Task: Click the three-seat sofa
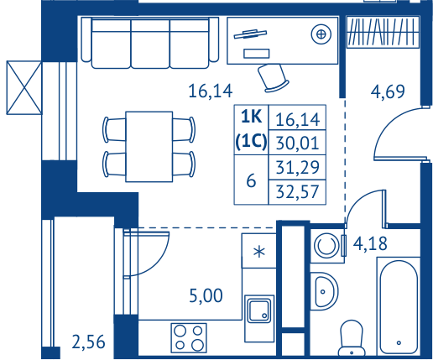pyautogui.click(x=150, y=43)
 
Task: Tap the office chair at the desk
pyautogui.click(x=273, y=78)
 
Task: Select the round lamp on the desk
pyautogui.click(x=321, y=34)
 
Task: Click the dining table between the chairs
pyautogui.click(x=149, y=147)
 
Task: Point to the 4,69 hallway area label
pyautogui.click(x=388, y=91)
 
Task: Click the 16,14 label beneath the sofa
pyautogui.click(x=211, y=91)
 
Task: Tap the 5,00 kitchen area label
pyautogui.click(x=206, y=296)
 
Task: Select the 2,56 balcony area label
pyautogui.click(x=88, y=342)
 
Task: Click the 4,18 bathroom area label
pyautogui.click(x=370, y=243)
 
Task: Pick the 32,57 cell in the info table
pyautogui.click(x=297, y=192)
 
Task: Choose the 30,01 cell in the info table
pyautogui.click(x=297, y=143)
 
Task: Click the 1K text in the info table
pyautogui.click(x=251, y=117)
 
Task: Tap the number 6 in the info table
pyautogui.click(x=251, y=180)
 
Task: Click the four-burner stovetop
pyautogui.click(x=189, y=337)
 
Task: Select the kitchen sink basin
pyautogui.click(x=260, y=310)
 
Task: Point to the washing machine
pyautogui.click(x=327, y=246)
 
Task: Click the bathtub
pyautogui.click(x=399, y=307)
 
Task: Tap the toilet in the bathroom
pyautogui.click(x=352, y=339)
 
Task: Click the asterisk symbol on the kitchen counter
pyautogui.click(x=259, y=251)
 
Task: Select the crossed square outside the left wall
pyautogui.click(x=24, y=88)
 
